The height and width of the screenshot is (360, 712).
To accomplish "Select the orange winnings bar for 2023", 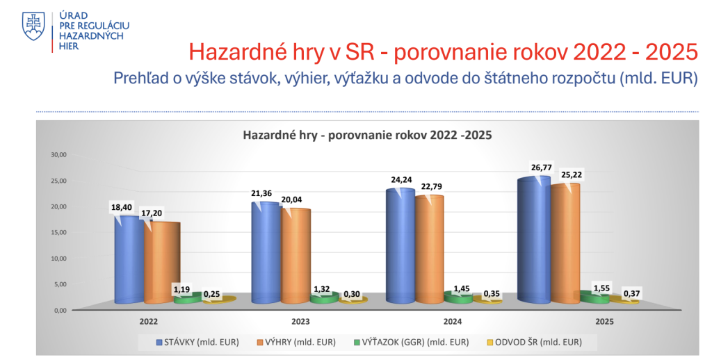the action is [296, 256].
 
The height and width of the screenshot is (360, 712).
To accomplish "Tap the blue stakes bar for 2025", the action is [533, 240].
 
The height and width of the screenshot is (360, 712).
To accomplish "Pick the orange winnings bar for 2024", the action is [429, 249].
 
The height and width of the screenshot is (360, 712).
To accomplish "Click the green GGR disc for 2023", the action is [325, 297].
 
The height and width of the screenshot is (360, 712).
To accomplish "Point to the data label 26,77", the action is [541, 167].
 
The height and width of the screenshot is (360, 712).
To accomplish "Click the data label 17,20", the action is [151, 213].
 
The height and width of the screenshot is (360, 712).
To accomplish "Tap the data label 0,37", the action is [631, 294].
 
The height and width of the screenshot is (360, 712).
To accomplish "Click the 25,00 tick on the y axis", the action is [58, 181].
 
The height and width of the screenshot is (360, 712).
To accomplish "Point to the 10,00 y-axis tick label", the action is [58, 259].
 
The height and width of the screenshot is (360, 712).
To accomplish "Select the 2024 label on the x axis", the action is [452, 321].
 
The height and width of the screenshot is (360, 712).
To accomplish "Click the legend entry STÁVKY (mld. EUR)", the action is [197, 342].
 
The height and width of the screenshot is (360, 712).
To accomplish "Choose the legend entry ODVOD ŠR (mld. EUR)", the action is [534, 342].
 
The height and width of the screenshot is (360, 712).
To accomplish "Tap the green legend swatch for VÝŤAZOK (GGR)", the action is [357, 342].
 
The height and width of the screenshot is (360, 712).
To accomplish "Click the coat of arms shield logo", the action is [33, 26].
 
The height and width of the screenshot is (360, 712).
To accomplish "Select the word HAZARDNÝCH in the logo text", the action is [91, 36].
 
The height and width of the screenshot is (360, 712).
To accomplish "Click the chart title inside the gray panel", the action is [367, 136].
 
